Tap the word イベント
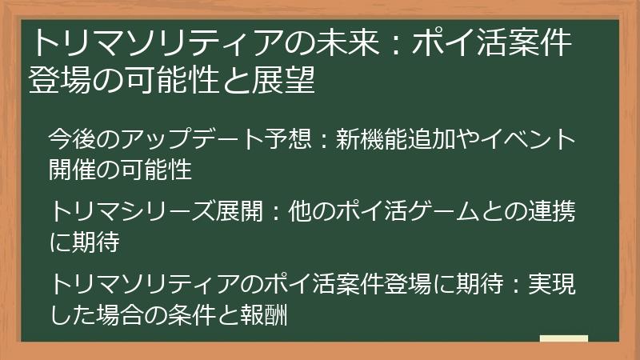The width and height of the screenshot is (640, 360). (533, 139)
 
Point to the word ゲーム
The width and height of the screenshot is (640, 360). (437, 212)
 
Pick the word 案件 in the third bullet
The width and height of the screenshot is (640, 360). (391, 285)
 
